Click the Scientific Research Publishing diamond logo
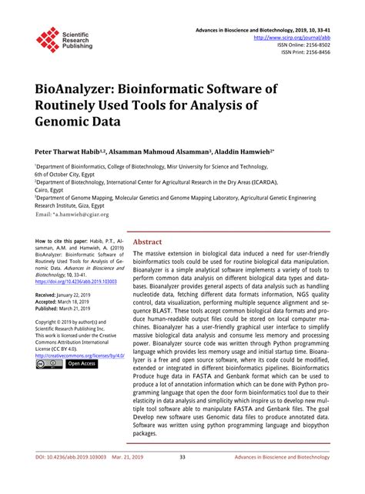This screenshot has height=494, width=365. [x=48, y=39]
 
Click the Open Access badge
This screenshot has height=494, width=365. [x=81, y=364]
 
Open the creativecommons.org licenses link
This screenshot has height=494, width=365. [x=75, y=355]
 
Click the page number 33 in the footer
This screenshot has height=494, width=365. [x=182, y=478]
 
